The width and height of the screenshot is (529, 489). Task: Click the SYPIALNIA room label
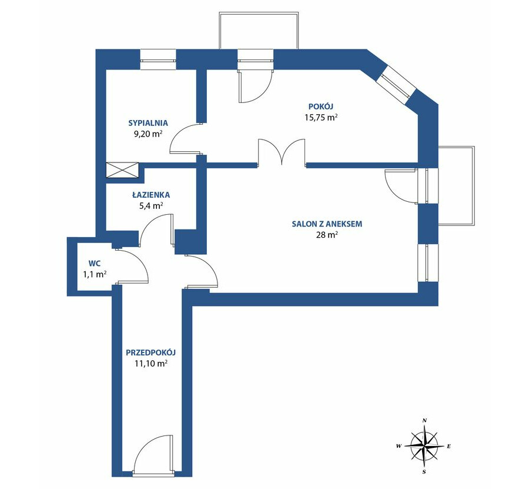tap(148, 123)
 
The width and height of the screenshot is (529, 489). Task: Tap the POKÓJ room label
tap(321, 107)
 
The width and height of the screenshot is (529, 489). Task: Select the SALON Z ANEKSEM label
tap(327, 224)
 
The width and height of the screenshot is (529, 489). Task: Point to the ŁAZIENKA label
tap(151, 195)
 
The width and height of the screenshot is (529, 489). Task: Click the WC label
tap(95, 263)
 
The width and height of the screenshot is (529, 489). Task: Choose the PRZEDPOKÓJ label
tap(151, 352)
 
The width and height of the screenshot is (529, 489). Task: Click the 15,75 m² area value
tap(321, 118)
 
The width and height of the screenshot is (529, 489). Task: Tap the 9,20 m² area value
tap(148, 134)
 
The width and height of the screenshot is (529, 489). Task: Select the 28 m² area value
tap(327, 235)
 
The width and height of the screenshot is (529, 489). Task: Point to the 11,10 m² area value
tap(151, 364)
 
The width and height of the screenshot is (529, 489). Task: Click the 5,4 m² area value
tap(151, 206)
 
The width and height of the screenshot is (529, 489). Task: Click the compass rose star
tap(424, 446)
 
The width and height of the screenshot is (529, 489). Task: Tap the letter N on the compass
tap(425, 420)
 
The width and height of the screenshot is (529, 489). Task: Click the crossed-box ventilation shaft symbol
tap(122, 170)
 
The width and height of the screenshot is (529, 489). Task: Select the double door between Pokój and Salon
tap(282, 152)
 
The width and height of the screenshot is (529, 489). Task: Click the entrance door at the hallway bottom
tap(153, 455)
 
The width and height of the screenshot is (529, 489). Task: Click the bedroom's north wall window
tap(158, 60)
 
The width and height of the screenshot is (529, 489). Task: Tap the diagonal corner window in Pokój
tap(397, 84)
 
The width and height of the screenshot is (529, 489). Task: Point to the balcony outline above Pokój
tap(259, 13)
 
